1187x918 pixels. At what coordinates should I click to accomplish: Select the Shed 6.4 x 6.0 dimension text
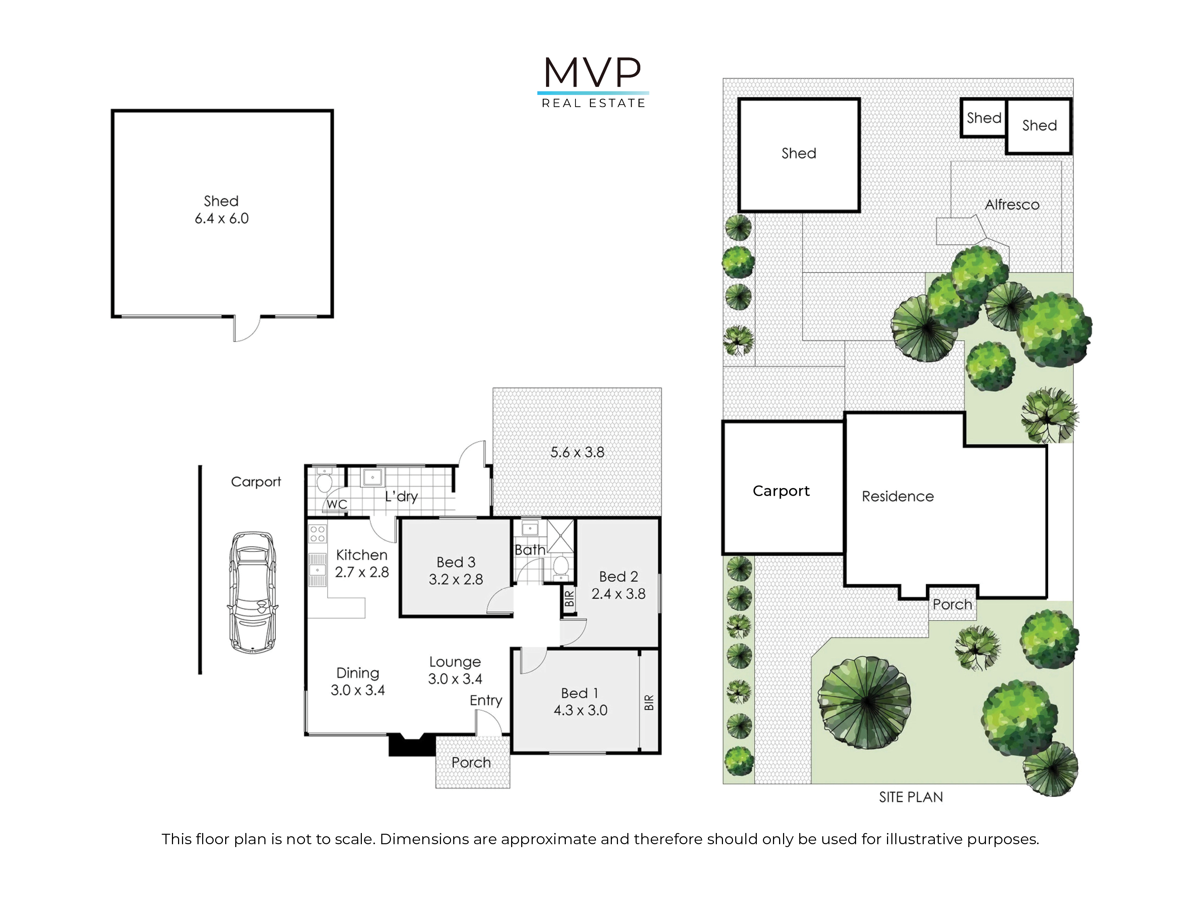(x=222, y=219)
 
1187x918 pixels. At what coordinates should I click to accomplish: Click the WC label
(x=337, y=504)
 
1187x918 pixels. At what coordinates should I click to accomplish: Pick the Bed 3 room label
(x=456, y=562)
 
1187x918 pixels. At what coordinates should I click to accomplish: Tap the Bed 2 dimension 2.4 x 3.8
(x=619, y=594)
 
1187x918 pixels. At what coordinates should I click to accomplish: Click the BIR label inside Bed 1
(x=649, y=703)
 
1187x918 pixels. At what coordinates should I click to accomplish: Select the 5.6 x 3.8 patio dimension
(x=577, y=452)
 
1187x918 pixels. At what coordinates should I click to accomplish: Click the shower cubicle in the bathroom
(x=560, y=536)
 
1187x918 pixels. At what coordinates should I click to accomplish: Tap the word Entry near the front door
(x=486, y=701)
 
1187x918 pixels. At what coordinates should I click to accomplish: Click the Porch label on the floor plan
(x=471, y=762)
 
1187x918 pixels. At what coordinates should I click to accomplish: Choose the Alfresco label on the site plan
(x=1012, y=204)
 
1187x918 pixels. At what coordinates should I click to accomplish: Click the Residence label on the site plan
(x=898, y=496)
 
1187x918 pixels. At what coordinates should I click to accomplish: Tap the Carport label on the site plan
(x=781, y=491)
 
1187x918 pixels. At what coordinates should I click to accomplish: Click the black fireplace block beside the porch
(x=412, y=745)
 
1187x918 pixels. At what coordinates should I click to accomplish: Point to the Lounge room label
(x=455, y=662)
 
